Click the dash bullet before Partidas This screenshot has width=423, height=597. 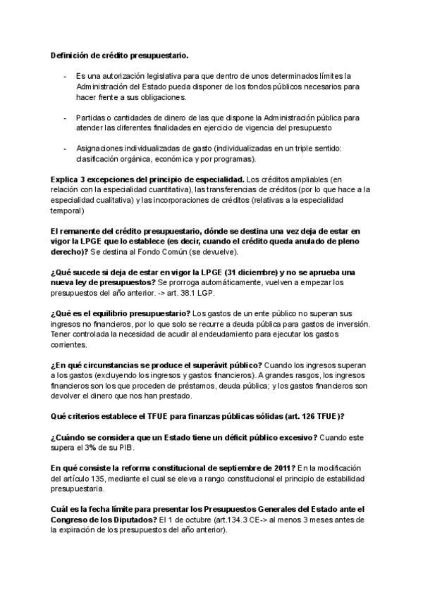(66, 118)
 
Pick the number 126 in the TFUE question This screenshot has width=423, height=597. (308, 417)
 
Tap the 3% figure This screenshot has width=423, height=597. (97, 448)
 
